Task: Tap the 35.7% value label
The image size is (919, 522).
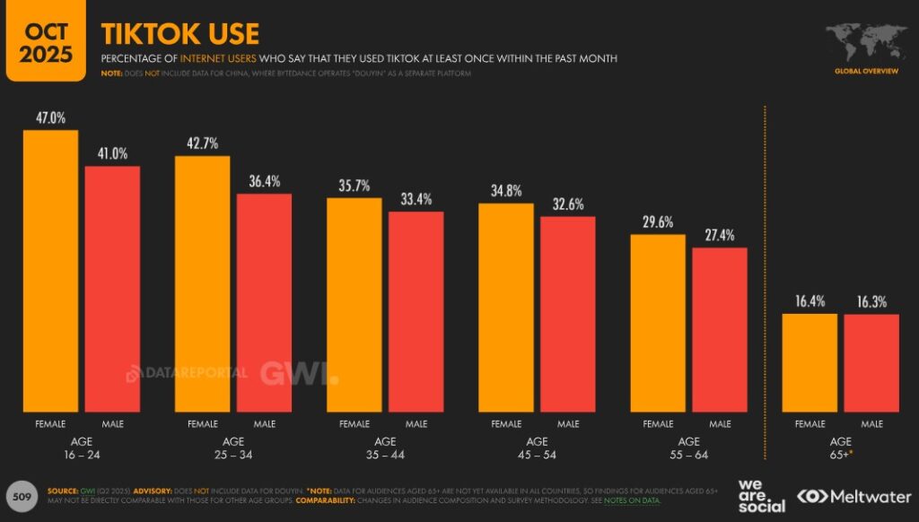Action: [x=354, y=187]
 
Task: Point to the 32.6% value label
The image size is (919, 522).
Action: [x=567, y=204]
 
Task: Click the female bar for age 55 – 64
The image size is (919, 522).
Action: [x=658, y=323]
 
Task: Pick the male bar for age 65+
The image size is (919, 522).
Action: [x=871, y=362]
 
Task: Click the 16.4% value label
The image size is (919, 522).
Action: [x=810, y=301]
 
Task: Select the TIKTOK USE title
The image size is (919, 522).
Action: [x=180, y=34]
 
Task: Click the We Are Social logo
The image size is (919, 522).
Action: [x=761, y=495]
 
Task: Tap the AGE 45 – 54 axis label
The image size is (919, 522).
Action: [x=537, y=448]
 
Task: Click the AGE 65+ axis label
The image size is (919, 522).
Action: [x=841, y=448]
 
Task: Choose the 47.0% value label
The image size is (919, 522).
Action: [x=50, y=117]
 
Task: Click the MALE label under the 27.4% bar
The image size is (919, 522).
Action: [x=720, y=423]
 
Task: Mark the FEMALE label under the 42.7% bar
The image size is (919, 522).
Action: [x=202, y=423]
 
